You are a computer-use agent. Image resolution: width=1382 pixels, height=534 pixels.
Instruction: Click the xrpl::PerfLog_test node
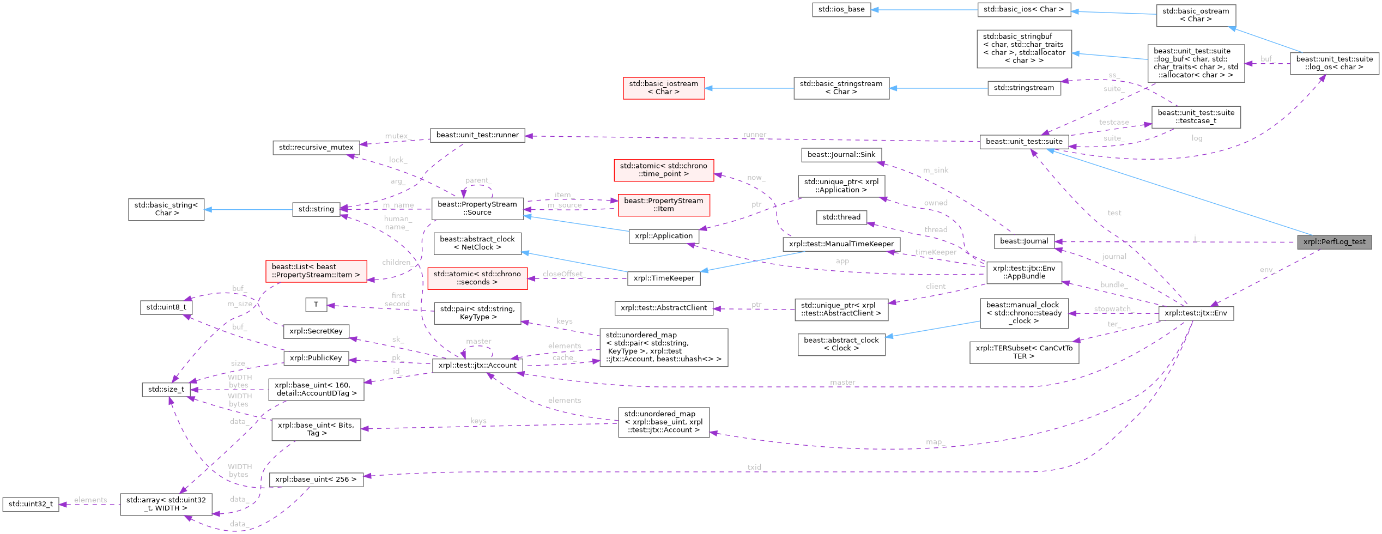[1334, 242]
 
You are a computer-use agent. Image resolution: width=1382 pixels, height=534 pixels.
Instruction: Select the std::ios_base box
[841, 9]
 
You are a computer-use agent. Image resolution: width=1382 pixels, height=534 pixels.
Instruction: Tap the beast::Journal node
[1023, 241]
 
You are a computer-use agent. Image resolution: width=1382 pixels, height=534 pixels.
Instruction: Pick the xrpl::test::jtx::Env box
[1195, 313]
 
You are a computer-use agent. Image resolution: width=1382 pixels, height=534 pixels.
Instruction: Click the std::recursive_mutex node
[316, 148]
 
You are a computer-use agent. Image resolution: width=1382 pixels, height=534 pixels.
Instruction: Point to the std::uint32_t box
[31, 504]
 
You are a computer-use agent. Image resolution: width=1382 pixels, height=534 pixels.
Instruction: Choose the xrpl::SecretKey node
[316, 331]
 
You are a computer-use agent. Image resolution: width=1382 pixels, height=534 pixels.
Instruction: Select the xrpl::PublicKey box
[316, 358]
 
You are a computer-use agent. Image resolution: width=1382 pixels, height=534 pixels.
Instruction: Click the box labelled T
[316, 305]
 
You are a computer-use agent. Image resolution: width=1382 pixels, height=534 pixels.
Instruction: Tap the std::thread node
[841, 217]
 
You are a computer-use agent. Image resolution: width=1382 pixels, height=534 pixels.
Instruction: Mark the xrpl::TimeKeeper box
[663, 278]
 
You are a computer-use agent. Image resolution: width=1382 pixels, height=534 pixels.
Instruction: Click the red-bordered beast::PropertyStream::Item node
[663, 205]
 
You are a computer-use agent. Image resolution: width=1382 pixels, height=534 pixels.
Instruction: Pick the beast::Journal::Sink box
[841, 155]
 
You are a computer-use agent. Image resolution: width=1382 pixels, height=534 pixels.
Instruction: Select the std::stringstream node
[1023, 88]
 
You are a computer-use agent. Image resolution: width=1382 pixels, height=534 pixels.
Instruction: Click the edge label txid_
[755, 467]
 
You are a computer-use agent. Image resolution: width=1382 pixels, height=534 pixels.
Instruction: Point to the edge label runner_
[755, 135]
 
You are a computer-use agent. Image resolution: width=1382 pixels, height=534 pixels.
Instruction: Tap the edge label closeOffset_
[562, 274]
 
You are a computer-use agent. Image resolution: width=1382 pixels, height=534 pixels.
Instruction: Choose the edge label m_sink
[935, 170]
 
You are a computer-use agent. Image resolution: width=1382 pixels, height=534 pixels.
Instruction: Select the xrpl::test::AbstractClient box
[663, 308]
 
